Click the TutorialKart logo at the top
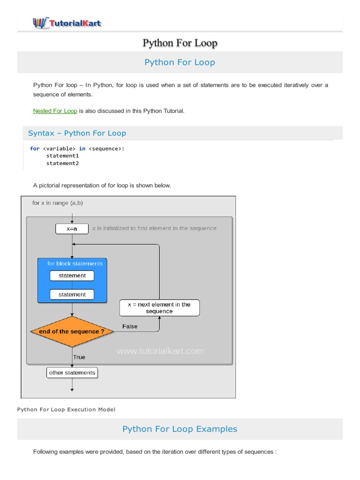pos(67,22)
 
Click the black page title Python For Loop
pos(180,43)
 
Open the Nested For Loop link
pos(55,111)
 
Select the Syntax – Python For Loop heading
pos(77,133)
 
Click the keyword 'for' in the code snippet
pos(35,149)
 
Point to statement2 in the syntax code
pos(62,163)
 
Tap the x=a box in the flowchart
pos(72,229)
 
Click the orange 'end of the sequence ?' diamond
pos(72,331)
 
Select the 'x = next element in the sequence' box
pos(159,308)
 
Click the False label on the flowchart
pos(130,326)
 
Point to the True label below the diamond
pos(79,357)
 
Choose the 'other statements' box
pos(72,373)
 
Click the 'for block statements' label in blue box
pos(75,263)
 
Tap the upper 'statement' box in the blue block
pos(72,276)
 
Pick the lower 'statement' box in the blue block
pos(72,294)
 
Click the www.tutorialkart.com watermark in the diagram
pos(160,351)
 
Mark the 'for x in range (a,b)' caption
pos(58,203)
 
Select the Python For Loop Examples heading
pos(180,429)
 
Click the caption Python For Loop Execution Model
pos(66,409)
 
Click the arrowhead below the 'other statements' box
pos(72,389)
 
